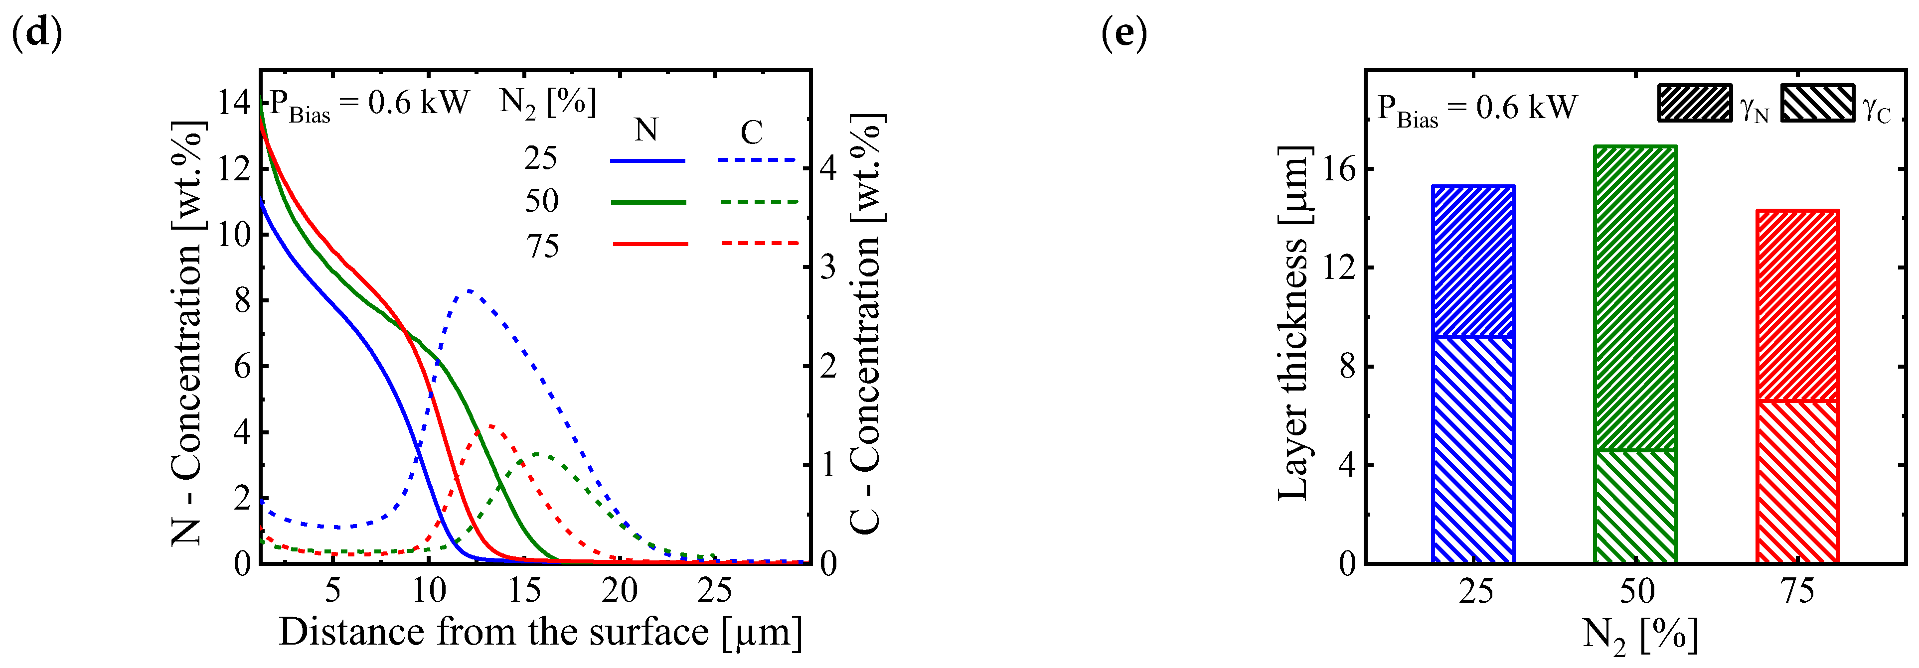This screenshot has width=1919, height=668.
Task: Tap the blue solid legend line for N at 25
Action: point(646,160)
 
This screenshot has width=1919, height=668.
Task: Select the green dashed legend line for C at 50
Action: point(759,201)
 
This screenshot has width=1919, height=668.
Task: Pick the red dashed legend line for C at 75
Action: point(759,243)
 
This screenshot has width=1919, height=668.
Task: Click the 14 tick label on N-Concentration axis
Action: point(233,102)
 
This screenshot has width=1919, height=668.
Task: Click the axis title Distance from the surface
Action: point(540,632)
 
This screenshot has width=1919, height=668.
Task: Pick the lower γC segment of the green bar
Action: point(1635,507)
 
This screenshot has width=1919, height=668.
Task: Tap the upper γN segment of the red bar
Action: point(1797,305)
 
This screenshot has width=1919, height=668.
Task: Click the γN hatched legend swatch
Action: point(1695,103)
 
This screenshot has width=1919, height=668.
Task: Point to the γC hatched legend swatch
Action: point(1817,103)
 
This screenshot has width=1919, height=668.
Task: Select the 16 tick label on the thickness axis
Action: point(1339,169)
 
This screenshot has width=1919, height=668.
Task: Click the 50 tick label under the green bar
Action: point(1637,591)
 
